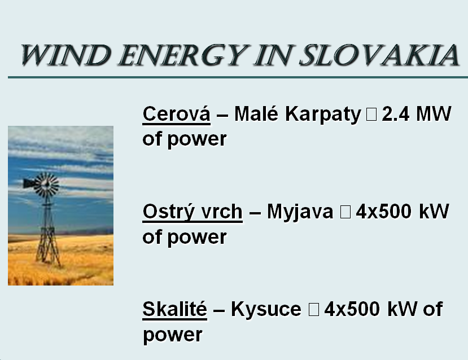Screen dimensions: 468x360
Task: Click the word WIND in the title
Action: tap(66, 55)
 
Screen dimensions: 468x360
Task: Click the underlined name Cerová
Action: tap(176, 113)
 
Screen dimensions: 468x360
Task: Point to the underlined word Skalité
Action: tap(174, 309)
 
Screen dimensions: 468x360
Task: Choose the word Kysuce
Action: tap(266, 309)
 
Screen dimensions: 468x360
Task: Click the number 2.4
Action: tap(396, 114)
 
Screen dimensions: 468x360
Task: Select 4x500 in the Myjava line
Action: tap(384, 212)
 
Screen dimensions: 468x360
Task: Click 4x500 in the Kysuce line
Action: tap(352, 309)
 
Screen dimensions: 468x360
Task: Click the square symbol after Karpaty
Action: tap(371, 115)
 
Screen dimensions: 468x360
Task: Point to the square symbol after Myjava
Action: tap(345, 212)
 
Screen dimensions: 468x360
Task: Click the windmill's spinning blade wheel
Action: tap(46, 185)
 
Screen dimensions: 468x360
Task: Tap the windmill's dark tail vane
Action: tap(29, 183)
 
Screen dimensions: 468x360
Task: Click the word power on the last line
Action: tap(173, 335)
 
